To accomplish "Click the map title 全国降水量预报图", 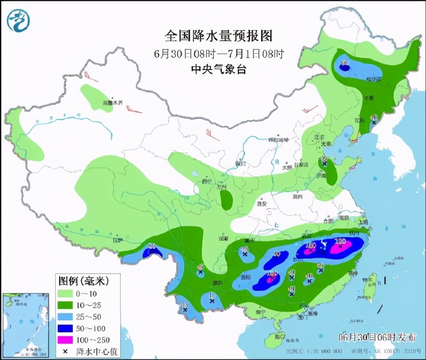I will (x=219, y=36).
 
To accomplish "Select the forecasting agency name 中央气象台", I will (x=219, y=69).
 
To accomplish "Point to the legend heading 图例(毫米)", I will (x=83, y=281).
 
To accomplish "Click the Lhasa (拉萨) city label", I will (x=117, y=240).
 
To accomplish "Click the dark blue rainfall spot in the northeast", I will (x=344, y=68).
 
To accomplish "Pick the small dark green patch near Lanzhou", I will (x=226, y=199).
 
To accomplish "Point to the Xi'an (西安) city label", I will (x=262, y=204).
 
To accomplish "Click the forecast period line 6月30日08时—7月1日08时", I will (x=219, y=53).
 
